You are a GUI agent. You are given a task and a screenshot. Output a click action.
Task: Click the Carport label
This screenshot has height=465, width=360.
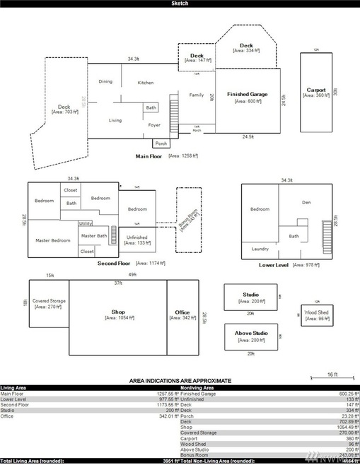[316, 90]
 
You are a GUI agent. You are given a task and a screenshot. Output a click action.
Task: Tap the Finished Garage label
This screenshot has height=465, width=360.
[248, 94]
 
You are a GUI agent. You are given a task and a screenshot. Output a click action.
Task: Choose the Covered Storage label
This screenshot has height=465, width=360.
[50, 301]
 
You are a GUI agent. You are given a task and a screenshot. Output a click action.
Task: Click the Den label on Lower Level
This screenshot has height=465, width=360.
[306, 203]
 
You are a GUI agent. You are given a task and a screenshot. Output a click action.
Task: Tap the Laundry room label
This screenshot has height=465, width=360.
[259, 249]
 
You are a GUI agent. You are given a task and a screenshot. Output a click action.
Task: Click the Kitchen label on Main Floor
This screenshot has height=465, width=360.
[146, 83]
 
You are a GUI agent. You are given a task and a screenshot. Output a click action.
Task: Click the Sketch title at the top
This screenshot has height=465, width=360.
[180, 4]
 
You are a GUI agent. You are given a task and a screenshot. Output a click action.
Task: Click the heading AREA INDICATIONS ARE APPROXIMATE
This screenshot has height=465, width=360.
[180, 381]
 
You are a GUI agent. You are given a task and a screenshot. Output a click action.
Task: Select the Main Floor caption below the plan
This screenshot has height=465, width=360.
[150, 155]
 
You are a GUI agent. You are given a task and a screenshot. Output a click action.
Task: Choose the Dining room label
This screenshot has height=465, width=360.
[105, 82]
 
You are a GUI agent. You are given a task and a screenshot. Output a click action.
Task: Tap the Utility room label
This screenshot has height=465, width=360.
[86, 223]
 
